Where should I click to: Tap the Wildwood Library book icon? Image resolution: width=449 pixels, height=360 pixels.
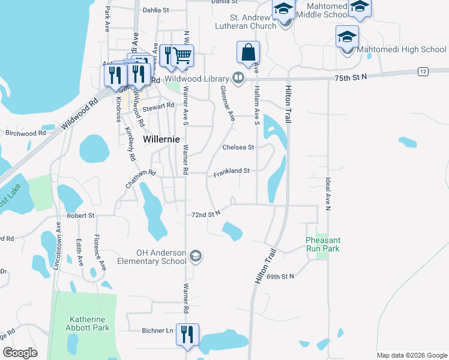[x=238, y=79]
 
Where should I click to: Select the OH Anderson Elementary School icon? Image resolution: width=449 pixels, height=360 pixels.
[x=195, y=257]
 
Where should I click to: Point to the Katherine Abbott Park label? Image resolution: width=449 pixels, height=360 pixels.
[x=89, y=324]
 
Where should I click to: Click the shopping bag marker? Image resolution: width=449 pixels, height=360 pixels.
[x=248, y=52]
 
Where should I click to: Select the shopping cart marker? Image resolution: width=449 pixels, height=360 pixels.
[x=182, y=56]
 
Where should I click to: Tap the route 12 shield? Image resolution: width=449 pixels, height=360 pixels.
[x=423, y=71]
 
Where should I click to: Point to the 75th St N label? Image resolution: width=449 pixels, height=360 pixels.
[x=349, y=77]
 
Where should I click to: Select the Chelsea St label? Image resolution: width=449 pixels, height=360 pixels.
[x=238, y=147]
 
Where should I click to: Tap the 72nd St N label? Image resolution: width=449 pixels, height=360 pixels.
[x=206, y=214]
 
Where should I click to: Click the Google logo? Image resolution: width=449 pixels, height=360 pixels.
[x=20, y=353]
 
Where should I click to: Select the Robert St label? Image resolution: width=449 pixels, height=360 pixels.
[x=80, y=215]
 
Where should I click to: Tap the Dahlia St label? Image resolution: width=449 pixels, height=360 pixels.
[x=156, y=10]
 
